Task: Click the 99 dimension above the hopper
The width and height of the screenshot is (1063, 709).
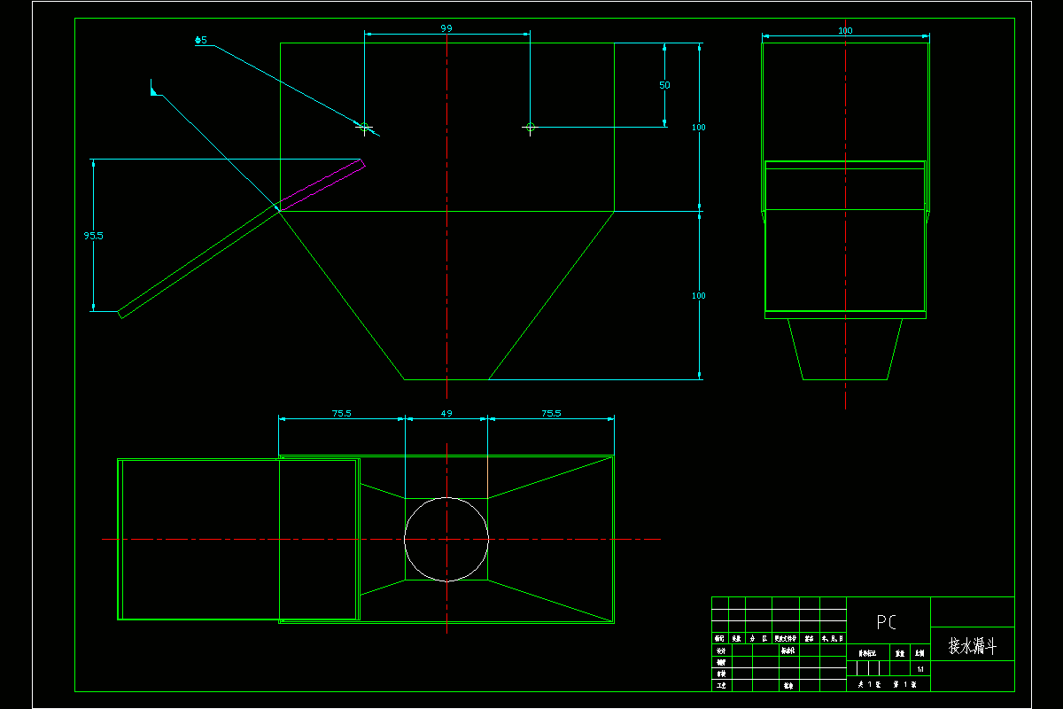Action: (x=446, y=28)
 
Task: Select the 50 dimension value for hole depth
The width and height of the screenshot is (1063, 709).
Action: (x=664, y=85)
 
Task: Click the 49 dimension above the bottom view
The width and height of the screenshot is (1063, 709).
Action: (x=446, y=413)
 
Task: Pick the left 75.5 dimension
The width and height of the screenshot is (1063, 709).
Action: (x=341, y=413)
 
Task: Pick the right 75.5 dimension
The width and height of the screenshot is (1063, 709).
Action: (x=551, y=413)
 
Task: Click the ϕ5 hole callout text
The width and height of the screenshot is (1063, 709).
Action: (x=201, y=40)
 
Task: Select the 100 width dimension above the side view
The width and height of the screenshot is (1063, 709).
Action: (x=845, y=31)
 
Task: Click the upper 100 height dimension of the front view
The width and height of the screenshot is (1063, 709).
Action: (x=699, y=128)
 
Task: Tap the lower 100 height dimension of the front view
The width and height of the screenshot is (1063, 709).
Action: (x=699, y=295)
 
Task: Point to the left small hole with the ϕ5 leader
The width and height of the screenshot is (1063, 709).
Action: (x=363, y=127)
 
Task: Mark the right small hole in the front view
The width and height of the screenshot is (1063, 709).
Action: (x=530, y=127)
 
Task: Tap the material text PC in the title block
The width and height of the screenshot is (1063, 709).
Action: (x=886, y=622)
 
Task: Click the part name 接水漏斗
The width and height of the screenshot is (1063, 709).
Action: (x=972, y=646)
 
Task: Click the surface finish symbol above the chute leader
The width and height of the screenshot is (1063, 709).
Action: (x=154, y=88)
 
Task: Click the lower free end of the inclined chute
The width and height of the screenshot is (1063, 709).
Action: (x=121, y=313)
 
